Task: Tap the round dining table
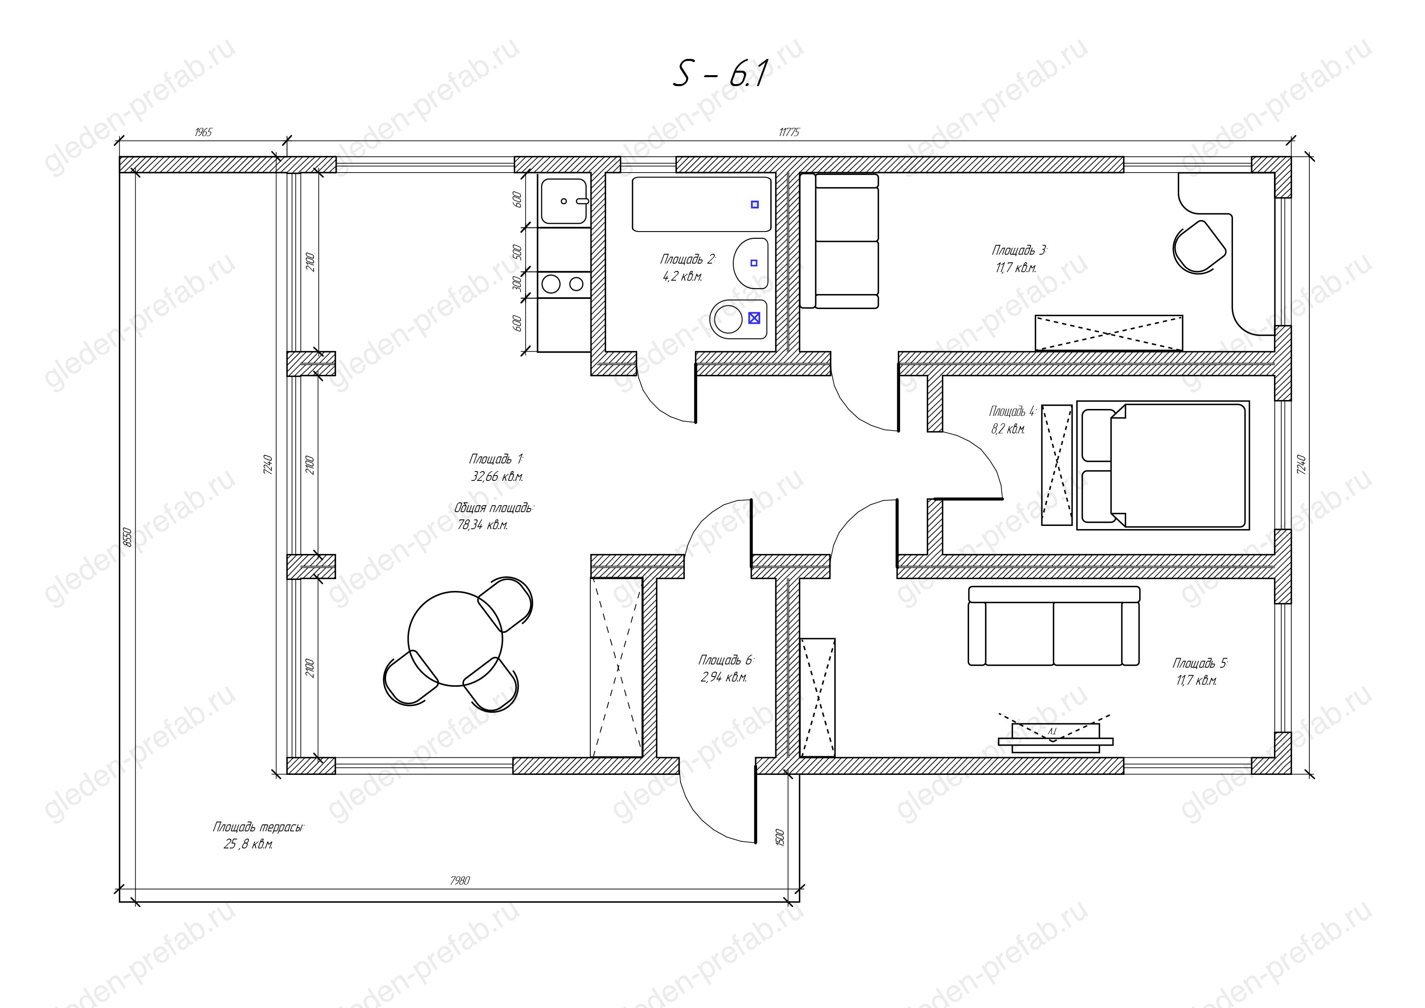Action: (x=455, y=639)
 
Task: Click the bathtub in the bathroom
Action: (x=701, y=204)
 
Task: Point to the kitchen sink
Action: (x=564, y=201)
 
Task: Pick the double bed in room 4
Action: (x=1162, y=465)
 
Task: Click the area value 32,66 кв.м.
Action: (x=497, y=477)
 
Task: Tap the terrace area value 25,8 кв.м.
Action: (x=248, y=845)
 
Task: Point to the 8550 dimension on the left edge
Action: (x=128, y=537)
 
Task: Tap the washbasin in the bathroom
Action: (x=750, y=262)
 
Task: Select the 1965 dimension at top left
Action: (x=203, y=132)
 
